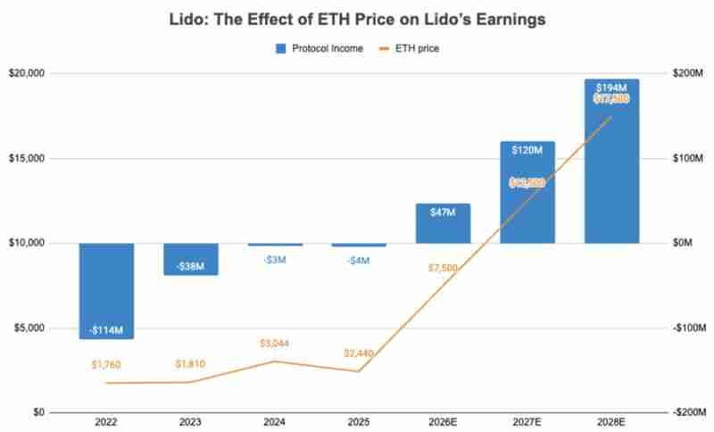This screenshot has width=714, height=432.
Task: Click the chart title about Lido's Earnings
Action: pyautogui.click(x=357, y=18)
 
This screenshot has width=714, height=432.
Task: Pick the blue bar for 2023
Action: pyautogui.click(x=190, y=259)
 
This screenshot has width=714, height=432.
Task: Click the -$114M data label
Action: pyautogui.click(x=106, y=330)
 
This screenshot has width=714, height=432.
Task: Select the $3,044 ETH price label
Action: pyautogui.click(x=275, y=344)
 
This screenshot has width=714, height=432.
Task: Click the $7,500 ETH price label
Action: pyautogui.click(x=443, y=268)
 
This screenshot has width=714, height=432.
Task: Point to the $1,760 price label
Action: pyautogui.click(x=106, y=364)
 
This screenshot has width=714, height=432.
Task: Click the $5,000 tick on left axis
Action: pyautogui.click(x=31, y=328)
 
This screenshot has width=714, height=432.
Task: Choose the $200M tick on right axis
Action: pyautogui.click(x=686, y=73)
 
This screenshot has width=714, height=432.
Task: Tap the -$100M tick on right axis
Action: pyautogui.click(x=685, y=328)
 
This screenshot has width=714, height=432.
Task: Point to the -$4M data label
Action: pyautogui.click(x=359, y=261)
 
